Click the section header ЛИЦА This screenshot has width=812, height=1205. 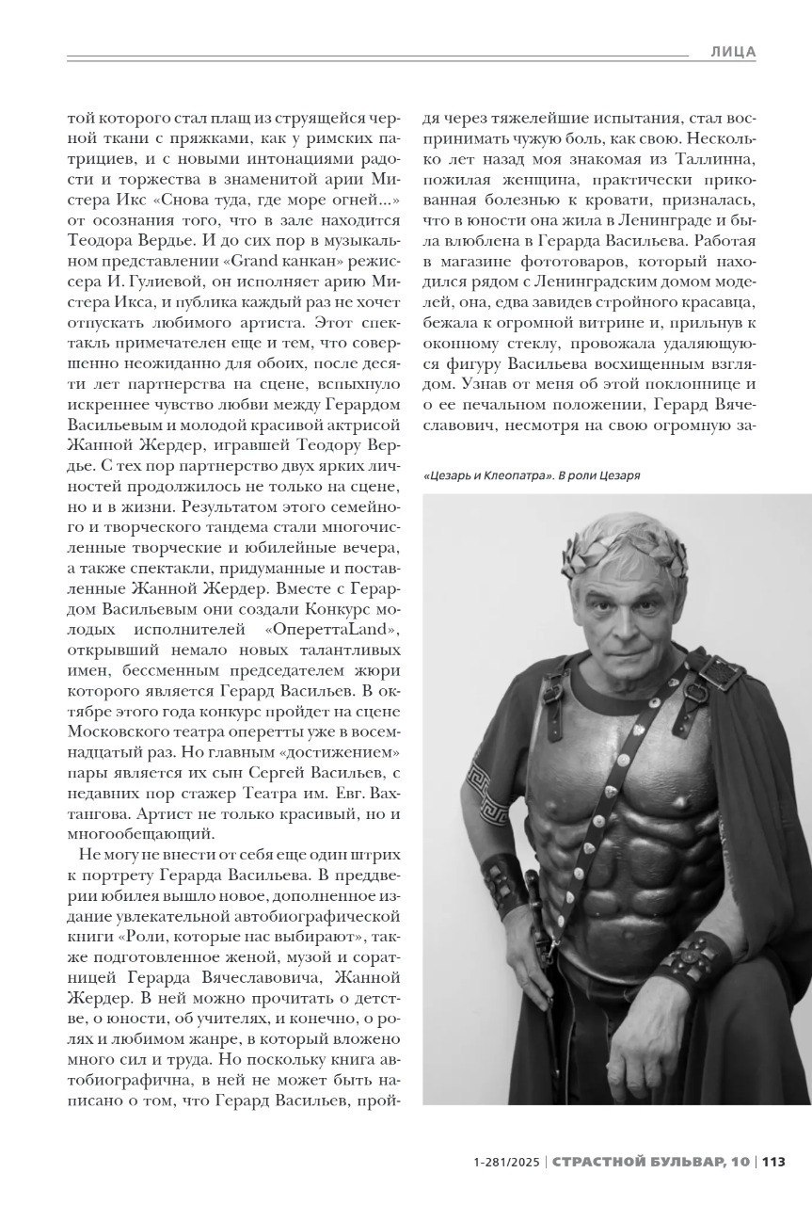(733, 53)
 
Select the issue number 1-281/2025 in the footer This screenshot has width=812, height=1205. (508, 1162)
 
